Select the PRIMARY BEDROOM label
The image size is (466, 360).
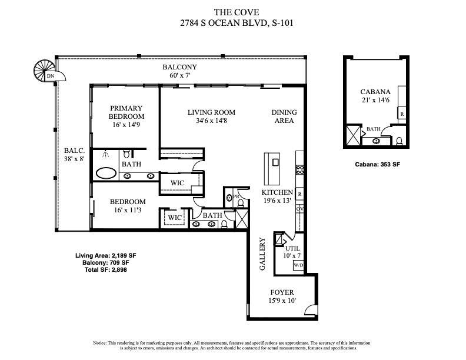tap(126, 112)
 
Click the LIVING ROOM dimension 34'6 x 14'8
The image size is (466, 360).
tap(211, 121)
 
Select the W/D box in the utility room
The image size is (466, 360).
tap(298, 265)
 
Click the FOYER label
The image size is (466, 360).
tap(282, 292)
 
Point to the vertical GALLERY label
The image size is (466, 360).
tap(262, 254)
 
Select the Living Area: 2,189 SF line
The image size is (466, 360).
tap(106, 255)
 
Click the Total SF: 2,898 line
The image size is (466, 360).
tap(106, 269)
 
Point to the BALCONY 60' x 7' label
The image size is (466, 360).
tap(180, 71)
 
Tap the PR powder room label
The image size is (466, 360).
tap(235, 196)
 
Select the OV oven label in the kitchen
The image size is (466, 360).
tap(299, 209)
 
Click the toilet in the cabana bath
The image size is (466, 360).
tap(399, 141)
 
